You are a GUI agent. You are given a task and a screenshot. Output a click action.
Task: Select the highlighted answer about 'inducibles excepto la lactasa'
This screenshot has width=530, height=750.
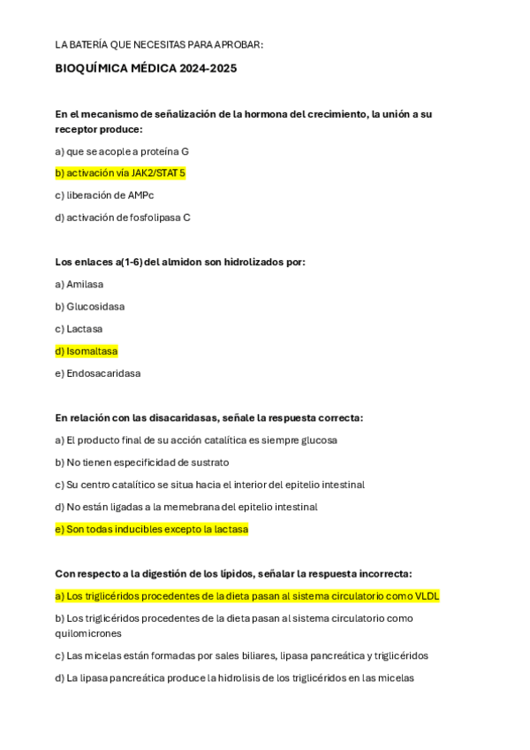point(151,529)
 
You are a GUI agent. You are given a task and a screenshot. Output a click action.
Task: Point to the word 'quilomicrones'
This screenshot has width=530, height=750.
point(88,633)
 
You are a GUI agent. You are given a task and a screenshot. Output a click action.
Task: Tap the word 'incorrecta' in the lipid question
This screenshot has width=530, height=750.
point(382,573)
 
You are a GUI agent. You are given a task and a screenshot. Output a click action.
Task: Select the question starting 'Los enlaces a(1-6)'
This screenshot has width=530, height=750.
point(180,262)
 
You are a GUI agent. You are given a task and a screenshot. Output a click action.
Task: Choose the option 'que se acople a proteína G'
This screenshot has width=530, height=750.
point(122,151)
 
